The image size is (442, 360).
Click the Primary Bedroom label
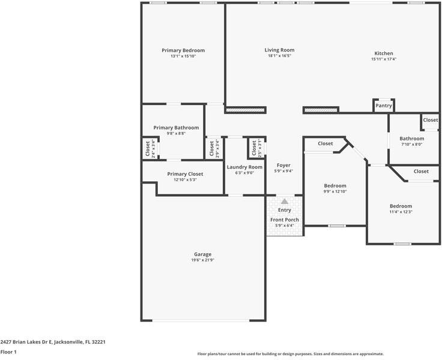183,50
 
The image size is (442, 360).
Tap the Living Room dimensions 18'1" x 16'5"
279,56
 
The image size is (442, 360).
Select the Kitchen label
384,53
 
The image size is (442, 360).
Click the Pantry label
384,106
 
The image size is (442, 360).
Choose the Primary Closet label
184,174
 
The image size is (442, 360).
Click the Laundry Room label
244,167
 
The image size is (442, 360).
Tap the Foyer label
283,165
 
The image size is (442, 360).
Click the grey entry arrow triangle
285,202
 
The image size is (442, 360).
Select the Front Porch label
285,220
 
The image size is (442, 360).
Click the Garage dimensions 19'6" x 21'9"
202,260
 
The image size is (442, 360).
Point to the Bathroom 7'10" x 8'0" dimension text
411,144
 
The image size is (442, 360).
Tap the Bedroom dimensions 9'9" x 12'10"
335,191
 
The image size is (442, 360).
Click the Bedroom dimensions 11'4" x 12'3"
401,212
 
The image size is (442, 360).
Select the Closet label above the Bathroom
430,120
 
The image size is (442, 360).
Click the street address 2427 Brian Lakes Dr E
53,341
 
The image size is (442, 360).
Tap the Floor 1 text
8,352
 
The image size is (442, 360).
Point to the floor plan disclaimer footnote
290,354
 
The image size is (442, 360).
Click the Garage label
202,254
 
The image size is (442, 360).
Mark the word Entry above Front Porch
285,210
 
